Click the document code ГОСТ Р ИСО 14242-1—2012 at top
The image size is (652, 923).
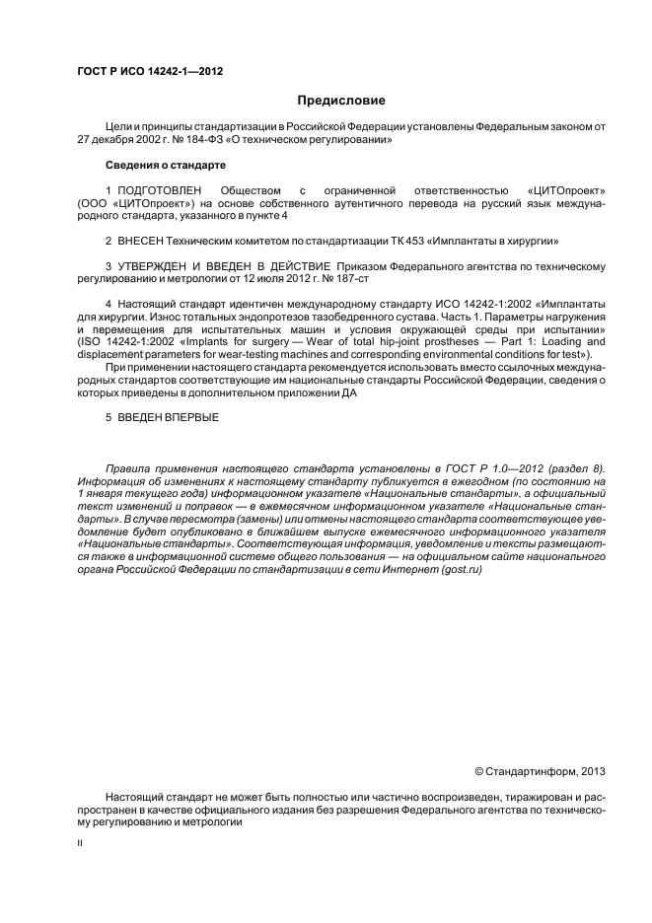149,72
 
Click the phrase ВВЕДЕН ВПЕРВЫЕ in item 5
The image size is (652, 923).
168,417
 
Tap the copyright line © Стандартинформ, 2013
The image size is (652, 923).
541,771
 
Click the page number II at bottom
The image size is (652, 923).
80,843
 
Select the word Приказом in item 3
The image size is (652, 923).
362,266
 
